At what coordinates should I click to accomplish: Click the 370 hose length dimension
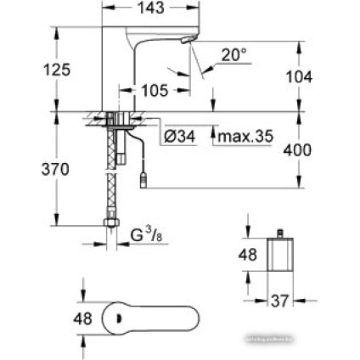pyautogui.click(x=31, y=170)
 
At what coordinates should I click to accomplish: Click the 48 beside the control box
pyautogui.click(x=249, y=255)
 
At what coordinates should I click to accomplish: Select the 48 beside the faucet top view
pyautogui.click(x=82, y=321)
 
